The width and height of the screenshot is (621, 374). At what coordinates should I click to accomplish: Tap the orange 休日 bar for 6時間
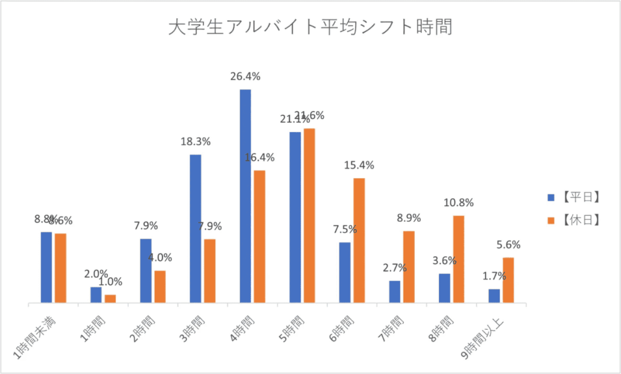point(359,240)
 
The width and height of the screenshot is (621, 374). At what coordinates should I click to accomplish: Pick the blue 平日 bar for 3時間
point(195,228)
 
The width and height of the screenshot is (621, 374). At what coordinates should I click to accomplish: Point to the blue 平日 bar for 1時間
point(96,295)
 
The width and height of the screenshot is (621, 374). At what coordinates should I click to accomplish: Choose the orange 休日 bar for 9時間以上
point(508,279)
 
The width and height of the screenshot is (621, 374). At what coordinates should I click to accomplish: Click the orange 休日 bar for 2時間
point(160,286)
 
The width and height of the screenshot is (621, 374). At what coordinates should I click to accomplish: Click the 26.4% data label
point(245,76)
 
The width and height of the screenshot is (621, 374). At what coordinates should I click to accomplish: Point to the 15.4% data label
point(359,165)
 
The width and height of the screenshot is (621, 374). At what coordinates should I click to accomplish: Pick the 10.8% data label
point(458,202)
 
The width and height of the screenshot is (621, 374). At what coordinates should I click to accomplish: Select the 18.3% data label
point(195,142)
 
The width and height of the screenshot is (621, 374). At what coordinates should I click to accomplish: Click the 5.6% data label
point(508,245)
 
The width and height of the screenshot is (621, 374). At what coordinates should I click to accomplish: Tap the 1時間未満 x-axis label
point(35,336)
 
